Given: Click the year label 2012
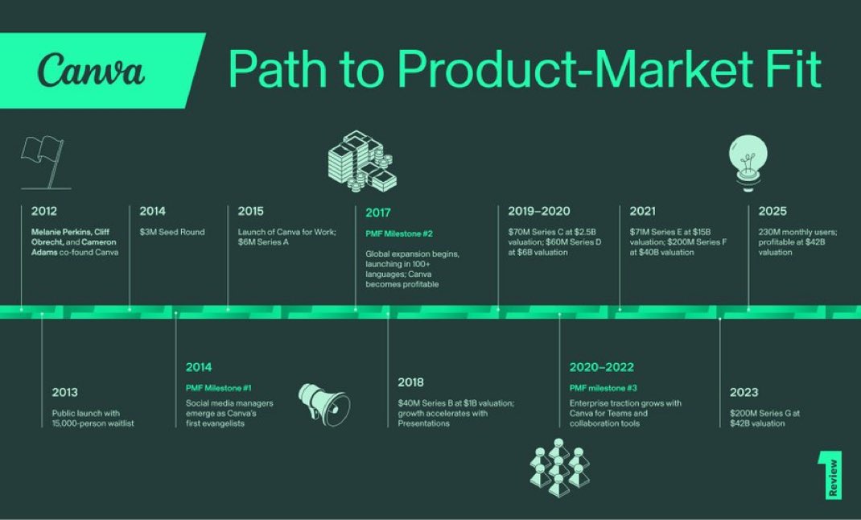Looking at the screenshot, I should pos(44,212).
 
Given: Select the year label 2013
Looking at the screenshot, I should pos(65,393).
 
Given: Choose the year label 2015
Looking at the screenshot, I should pos(250,212).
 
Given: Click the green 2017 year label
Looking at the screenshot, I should pos(378,213).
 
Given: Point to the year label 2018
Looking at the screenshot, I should pos(410,382).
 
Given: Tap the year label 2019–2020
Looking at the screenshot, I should pos(538,212).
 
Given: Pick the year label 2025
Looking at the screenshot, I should pos(772,212).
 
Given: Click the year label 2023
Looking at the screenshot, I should pos(744,393).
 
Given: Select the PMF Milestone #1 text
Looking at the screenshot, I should pos(218,387).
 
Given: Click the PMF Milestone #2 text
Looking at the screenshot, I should pos(399,233).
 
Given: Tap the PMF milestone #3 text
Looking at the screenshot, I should pos(603,387).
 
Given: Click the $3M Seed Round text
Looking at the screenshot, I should pos(171,232).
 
